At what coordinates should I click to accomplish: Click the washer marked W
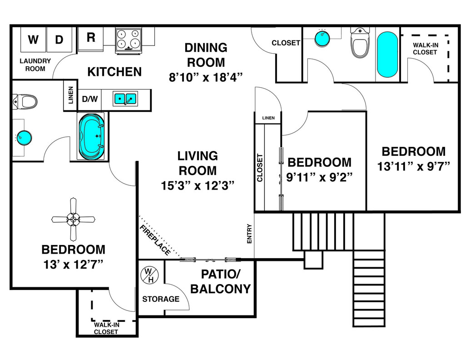click(34, 40)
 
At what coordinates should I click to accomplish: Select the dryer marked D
click(59, 40)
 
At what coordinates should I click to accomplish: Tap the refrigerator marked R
click(91, 39)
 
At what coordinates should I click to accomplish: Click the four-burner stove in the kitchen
click(129, 40)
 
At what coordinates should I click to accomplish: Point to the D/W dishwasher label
click(90, 99)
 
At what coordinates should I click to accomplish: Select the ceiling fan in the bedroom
click(73, 220)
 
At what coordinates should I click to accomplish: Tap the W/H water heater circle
click(149, 275)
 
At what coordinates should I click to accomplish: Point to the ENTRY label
click(249, 234)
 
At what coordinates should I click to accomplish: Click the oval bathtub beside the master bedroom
click(92, 136)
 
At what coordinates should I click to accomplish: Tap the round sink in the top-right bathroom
click(322, 38)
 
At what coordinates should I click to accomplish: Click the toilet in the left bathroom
click(25, 101)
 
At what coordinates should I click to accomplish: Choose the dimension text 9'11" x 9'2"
click(319, 177)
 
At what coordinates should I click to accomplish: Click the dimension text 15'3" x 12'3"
click(198, 186)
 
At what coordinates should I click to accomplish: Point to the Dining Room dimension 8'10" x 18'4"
click(206, 77)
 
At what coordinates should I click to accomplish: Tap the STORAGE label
click(161, 299)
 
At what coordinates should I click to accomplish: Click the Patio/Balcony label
click(220, 281)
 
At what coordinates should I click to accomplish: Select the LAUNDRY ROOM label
click(35, 65)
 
